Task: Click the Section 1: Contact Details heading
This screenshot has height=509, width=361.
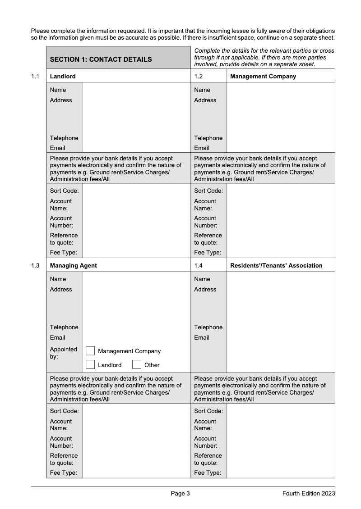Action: [x=101, y=59]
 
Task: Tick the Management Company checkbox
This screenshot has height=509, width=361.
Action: [x=90, y=351]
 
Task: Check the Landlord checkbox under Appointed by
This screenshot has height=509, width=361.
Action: [x=90, y=364]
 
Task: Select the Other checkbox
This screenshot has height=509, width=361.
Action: [x=137, y=364]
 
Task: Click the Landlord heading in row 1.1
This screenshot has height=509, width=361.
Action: [x=63, y=76]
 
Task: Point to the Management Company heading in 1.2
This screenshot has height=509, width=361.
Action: [x=263, y=76]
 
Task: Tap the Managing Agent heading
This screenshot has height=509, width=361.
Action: [x=74, y=265]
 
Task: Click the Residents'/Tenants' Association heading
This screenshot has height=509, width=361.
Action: [x=276, y=265]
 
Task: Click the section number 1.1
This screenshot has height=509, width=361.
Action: [x=35, y=76]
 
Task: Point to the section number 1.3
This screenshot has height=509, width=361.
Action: [x=35, y=265]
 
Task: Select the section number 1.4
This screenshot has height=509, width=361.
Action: [x=199, y=265]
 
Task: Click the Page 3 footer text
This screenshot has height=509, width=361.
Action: [x=180, y=494]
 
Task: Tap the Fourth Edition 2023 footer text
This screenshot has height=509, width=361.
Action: [x=309, y=494]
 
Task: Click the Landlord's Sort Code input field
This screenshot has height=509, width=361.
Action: [x=136, y=191]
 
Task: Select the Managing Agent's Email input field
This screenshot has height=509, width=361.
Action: [x=136, y=337]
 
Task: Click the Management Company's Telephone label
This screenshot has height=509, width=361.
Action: [x=208, y=138]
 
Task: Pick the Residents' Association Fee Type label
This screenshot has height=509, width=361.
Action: [x=208, y=473]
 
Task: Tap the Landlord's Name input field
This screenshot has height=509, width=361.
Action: [x=136, y=90]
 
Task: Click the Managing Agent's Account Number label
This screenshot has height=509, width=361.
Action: [x=61, y=442]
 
